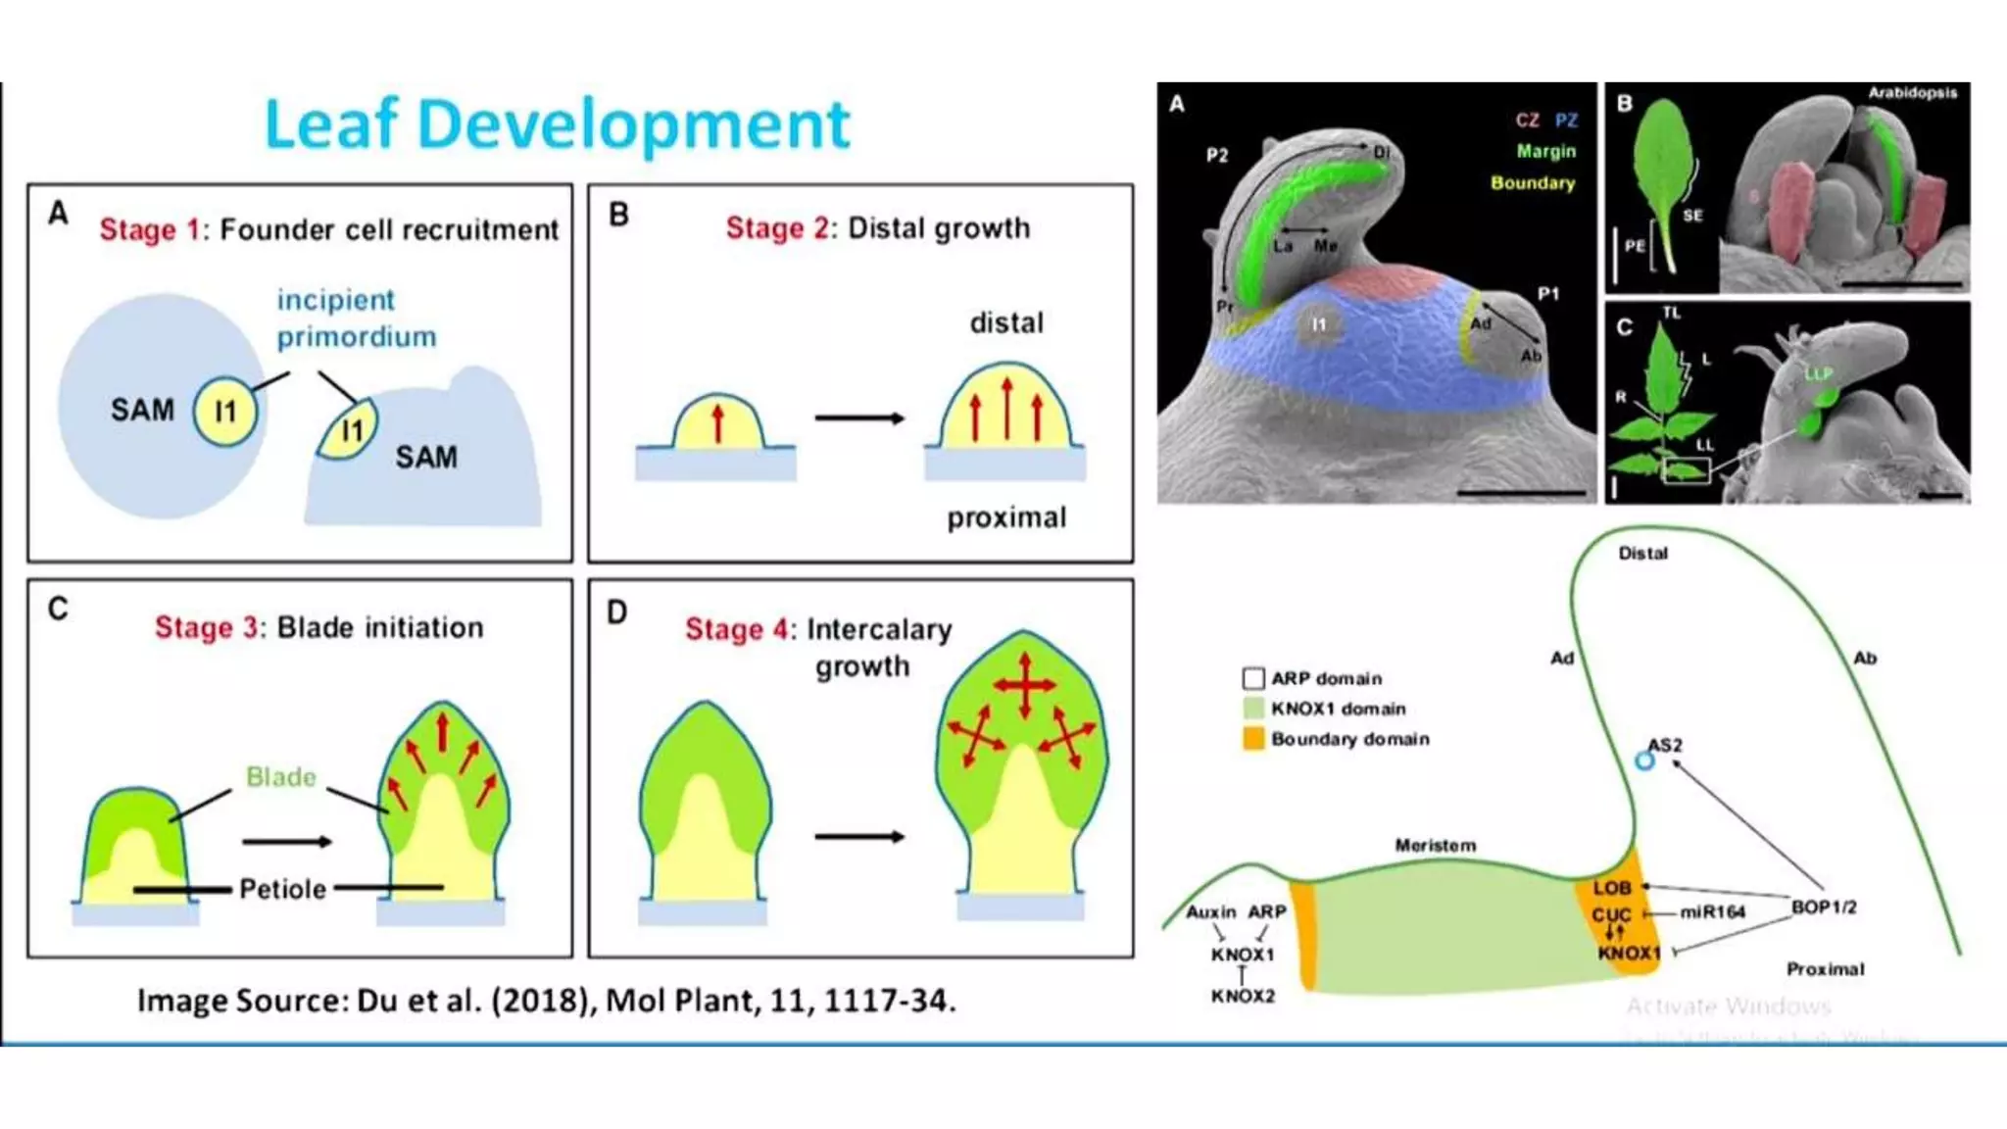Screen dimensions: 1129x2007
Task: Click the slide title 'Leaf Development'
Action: pos(557,124)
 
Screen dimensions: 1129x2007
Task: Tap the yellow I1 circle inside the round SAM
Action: pos(225,412)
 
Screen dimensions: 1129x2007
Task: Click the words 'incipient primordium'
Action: pos(356,318)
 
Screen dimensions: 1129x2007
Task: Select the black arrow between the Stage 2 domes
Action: pos(859,418)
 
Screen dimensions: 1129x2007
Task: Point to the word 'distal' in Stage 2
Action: pos(1006,322)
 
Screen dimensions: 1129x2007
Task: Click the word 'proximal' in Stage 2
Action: pos(1006,517)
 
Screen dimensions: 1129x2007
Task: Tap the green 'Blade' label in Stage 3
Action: pos(281,777)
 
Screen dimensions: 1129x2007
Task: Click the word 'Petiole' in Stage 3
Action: pos(282,889)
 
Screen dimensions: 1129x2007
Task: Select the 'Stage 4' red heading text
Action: pos(740,629)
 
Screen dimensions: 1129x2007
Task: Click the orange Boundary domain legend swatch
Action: pos(1253,739)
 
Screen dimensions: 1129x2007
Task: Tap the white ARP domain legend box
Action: pos(1253,678)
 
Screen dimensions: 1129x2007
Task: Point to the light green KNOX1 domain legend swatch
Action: pos(1253,709)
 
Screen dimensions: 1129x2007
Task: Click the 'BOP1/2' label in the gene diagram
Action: pos(1824,908)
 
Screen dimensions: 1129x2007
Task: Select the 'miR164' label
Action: pos(1713,912)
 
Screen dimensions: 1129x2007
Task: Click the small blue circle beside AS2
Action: pos(1644,761)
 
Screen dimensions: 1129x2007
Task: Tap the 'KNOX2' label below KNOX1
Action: pos(1243,997)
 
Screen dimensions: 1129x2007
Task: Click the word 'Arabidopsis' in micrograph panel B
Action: pos(1912,93)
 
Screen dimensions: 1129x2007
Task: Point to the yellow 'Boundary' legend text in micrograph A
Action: pos(1533,183)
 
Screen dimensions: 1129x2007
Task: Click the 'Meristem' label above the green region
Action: pos(1435,845)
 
